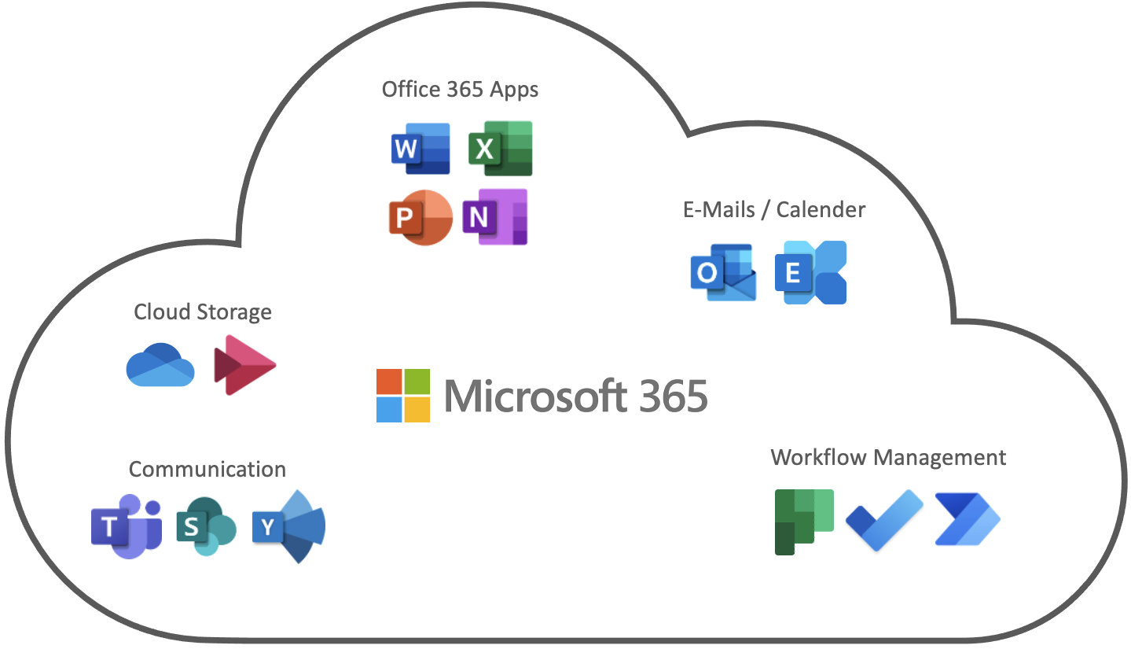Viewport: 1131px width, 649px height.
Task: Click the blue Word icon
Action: (420, 148)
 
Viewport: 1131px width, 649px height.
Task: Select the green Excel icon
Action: (500, 148)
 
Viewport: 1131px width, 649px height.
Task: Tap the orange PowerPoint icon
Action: (420, 217)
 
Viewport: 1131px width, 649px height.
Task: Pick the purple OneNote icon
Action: (494, 217)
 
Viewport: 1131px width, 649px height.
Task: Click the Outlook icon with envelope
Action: (723, 272)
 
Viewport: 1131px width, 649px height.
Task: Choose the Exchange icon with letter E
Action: (810, 272)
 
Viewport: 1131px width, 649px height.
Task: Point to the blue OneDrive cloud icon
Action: (160, 365)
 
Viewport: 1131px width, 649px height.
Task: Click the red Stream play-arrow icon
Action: (244, 365)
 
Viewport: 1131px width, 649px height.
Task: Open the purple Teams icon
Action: (126, 526)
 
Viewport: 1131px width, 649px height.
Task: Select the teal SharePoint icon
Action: (206, 526)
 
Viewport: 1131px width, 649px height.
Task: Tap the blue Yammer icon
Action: (288, 526)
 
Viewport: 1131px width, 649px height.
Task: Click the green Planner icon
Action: (803, 522)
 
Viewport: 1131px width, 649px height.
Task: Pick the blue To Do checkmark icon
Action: (884, 520)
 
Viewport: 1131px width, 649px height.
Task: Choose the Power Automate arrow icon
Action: (967, 519)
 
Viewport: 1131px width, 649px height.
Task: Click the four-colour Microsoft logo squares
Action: (403, 396)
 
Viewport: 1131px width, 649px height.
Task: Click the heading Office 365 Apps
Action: (460, 89)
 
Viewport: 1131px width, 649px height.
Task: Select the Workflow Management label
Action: (888, 457)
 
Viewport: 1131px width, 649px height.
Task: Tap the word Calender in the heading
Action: (821, 210)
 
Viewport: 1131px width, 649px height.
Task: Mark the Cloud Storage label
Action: (203, 312)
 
